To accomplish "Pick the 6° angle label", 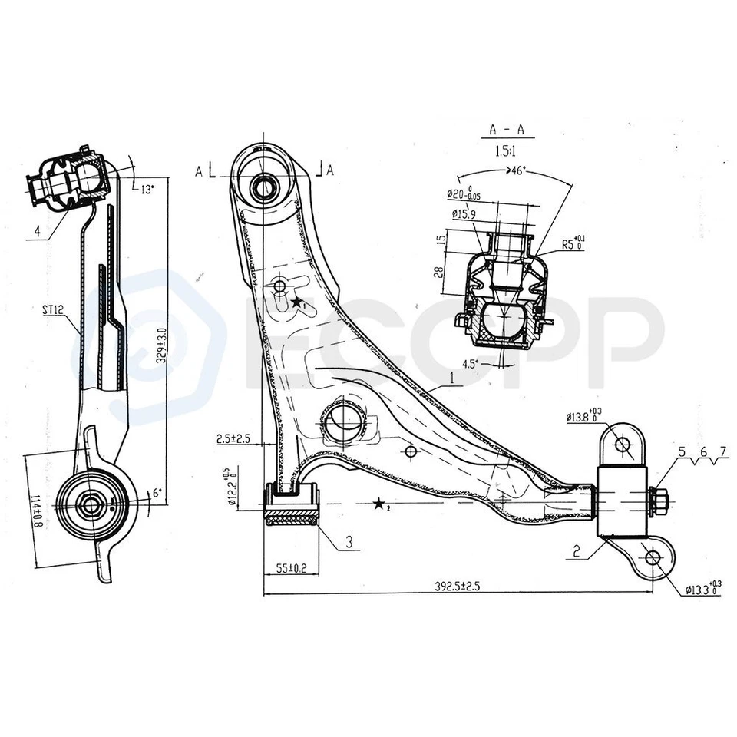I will click(157, 495).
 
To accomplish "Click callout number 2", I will click(574, 550).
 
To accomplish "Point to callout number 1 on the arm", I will click(452, 377).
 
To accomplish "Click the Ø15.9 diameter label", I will click(466, 214).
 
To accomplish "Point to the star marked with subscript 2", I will click(379, 504).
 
